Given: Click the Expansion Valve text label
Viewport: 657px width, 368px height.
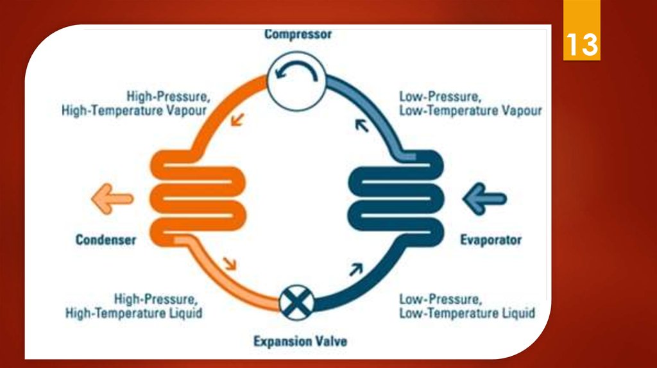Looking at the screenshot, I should tap(300, 340).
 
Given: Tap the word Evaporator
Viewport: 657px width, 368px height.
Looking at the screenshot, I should tap(491, 240).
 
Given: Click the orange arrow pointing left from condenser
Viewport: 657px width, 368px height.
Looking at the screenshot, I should tap(112, 200).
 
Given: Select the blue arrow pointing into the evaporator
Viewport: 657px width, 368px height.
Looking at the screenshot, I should tap(485, 199).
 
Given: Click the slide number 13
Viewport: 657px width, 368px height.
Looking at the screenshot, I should tap(581, 46).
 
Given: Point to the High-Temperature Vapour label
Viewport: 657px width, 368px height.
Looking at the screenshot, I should tap(134, 110).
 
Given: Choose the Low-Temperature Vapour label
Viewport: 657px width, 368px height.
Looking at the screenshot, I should tap(470, 110).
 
